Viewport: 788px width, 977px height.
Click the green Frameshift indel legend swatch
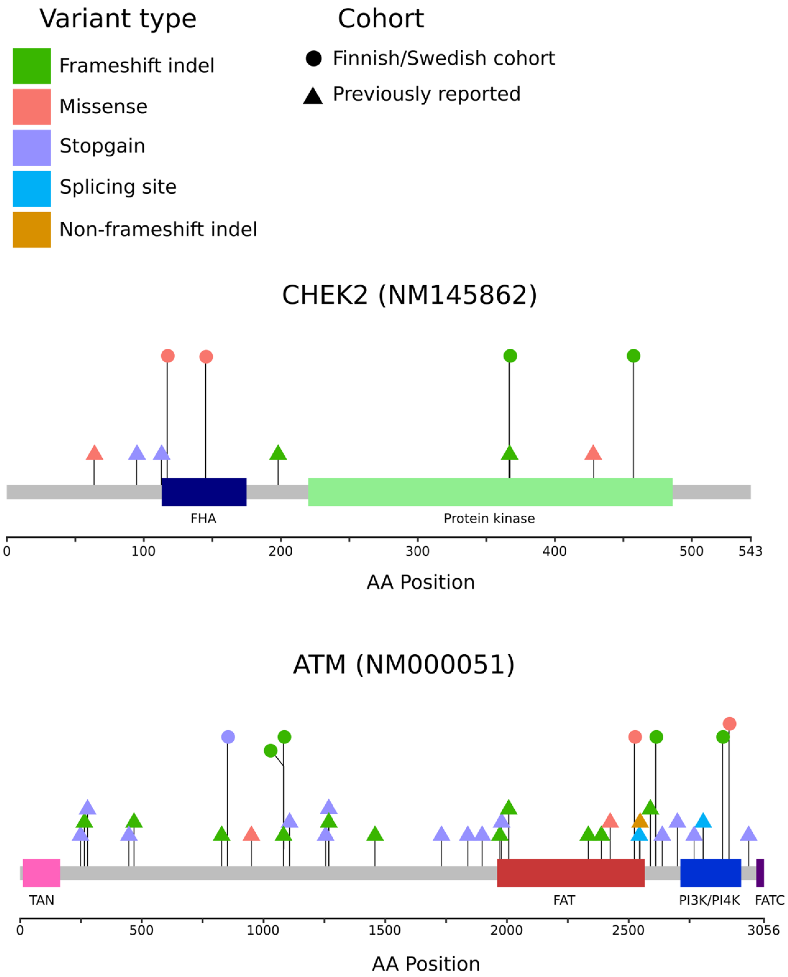[x=32, y=66]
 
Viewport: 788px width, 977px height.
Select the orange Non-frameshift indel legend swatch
[x=32, y=229]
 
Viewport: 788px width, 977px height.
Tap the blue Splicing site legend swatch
[x=32, y=189]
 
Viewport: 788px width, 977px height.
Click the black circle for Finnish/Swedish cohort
[x=313, y=58]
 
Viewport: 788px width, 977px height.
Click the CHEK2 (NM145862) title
[x=409, y=295]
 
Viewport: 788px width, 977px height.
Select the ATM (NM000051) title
[x=403, y=665]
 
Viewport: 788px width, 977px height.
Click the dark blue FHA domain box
[x=204, y=492]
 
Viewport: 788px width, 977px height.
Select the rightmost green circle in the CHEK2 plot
[x=633, y=356]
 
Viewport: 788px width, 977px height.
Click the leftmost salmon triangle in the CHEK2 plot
[x=94, y=453]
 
